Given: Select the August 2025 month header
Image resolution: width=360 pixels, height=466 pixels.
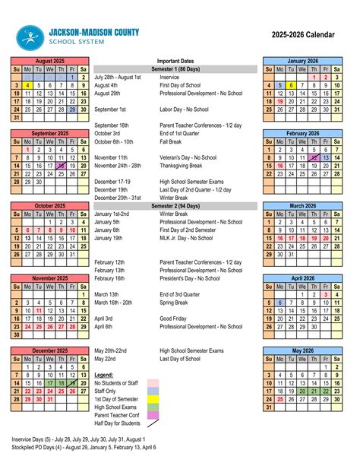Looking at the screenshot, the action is click(49, 60).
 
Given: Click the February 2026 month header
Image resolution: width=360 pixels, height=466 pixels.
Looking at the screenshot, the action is click(302, 133).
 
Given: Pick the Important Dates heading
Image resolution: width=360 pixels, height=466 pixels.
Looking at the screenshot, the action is click(175, 60).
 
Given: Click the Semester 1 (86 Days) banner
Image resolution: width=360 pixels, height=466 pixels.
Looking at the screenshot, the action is click(175, 68).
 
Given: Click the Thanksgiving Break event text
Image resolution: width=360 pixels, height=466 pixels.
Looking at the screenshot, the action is click(185, 164).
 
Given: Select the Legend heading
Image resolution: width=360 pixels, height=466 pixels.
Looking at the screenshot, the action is click(103, 376).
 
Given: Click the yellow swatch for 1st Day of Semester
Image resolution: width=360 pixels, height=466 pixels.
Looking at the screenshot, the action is click(153, 399).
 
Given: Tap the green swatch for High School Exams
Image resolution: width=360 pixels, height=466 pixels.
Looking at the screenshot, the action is click(153, 407).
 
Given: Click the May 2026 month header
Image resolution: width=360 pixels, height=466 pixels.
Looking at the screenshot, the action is click(302, 350).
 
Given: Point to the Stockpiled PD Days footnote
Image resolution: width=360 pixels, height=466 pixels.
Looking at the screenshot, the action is click(84, 448).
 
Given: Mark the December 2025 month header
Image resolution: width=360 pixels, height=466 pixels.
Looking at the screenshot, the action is click(49, 350).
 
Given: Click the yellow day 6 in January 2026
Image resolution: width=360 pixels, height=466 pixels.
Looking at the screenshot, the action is click(291, 85).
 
